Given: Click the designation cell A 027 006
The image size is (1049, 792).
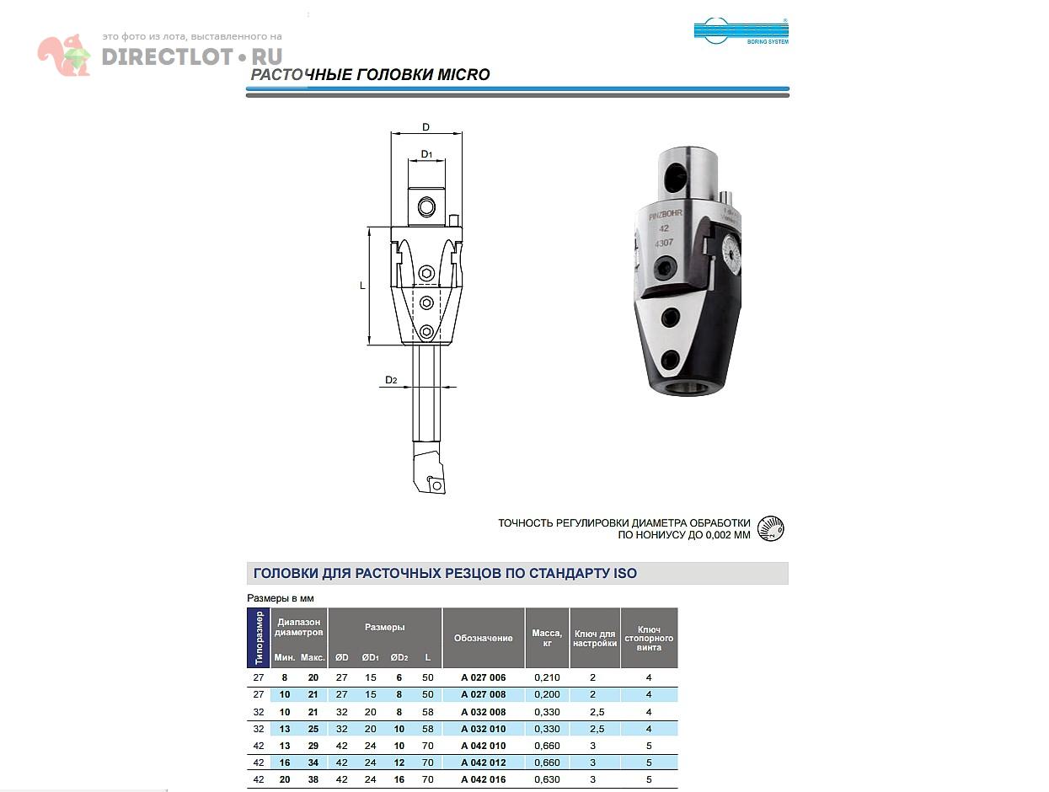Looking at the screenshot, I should pyautogui.click(x=484, y=677).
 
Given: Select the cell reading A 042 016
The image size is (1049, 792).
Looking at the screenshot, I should pyautogui.click(x=484, y=779).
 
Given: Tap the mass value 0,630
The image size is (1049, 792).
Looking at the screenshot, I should pyautogui.click(x=547, y=779).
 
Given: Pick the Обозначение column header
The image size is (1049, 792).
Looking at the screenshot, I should pyautogui.click(x=484, y=638).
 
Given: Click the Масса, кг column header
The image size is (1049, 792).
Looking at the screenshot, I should pyautogui.click(x=547, y=638).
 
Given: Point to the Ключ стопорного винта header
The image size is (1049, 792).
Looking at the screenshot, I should pyautogui.click(x=649, y=638).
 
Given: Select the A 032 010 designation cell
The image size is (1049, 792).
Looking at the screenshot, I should pyautogui.click(x=484, y=729).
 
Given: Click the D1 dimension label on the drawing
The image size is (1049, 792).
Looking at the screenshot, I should pyautogui.click(x=426, y=154).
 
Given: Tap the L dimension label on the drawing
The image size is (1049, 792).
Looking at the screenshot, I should pyautogui.click(x=363, y=286).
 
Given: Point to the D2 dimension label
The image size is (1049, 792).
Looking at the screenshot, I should pyautogui.click(x=391, y=380).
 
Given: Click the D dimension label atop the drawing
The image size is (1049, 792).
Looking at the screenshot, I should pyautogui.click(x=426, y=127).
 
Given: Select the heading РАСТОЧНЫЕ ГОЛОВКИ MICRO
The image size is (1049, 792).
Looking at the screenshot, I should pyautogui.click(x=371, y=75).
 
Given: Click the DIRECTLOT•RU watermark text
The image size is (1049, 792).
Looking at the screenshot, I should pyautogui.click(x=192, y=57).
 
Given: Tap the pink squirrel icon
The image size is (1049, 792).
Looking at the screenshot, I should pyautogui.click(x=64, y=56).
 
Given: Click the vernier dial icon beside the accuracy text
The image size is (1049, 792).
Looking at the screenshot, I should pyautogui.click(x=771, y=528).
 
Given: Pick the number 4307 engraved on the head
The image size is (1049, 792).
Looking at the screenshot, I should pyautogui.click(x=665, y=243).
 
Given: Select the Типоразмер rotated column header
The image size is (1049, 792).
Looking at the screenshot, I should pyautogui.click(x=259, y=638).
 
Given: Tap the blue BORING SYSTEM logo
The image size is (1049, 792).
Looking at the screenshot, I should pyautogui.click(x=741, y=31).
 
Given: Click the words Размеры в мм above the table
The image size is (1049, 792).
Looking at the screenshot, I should pyautogui.click(x=280, y=598).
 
